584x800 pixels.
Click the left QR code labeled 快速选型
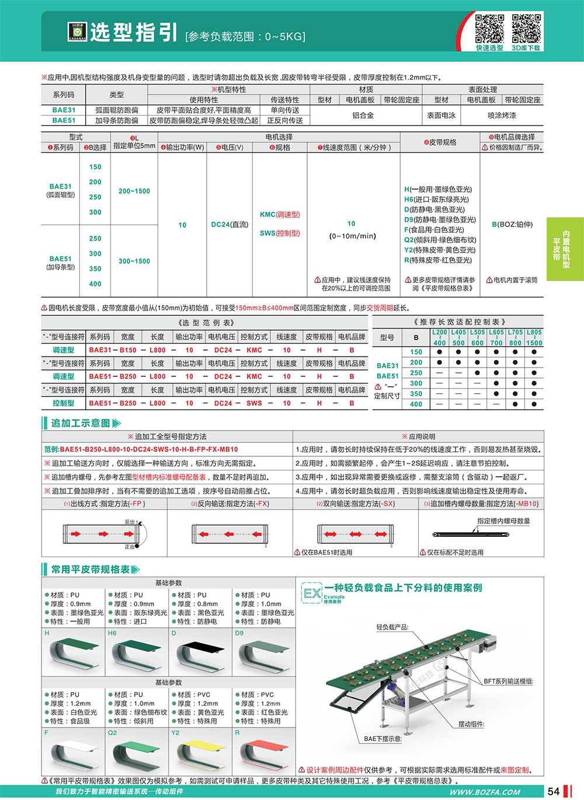pyautogui.click(x=489, y=29)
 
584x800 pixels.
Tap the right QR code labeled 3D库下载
pyautogui.click(x=526, y=29)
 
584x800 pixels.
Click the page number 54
pyautogui.click(x=554, y=791)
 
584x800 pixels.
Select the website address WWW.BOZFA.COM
pyautogui.click(x=485, y=792)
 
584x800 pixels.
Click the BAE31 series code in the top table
pyautogui.click(x=64, y=110)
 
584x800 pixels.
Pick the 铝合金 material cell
pyautogui.click(x=363, y=116)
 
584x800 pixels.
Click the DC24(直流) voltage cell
pyautogui.click(x=230, y=225)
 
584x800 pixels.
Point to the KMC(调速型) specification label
pyautogui.click(x=280, y=215)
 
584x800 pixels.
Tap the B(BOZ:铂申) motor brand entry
pyautogui.click(x=512, y=225)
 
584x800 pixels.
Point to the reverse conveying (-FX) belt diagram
pyautogui.click(x=230, y=533)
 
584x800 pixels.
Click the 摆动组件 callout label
pyautogui.click(x=471, y=724)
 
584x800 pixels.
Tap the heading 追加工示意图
pyautogui.click(x=81, y=423)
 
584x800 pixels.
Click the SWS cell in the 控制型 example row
pyautogui.click(x=254, y=403)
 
